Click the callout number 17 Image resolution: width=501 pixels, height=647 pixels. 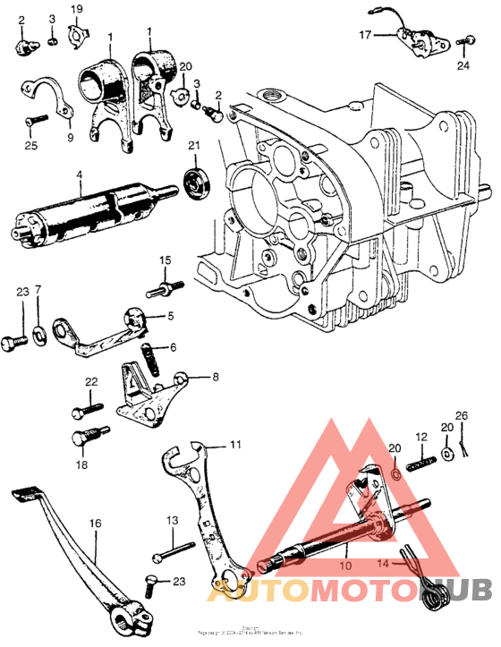tap(365, 35)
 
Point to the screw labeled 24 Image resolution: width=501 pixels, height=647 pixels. tap(465, 41)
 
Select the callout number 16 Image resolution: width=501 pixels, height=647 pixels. tap(95, 523)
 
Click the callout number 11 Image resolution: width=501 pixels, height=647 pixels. tap(234, 444)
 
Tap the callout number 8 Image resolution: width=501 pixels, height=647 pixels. tap(215, 378)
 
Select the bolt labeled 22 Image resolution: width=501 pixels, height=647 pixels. tap(85, 413)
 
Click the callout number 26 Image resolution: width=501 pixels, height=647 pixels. tap(462, 413)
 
